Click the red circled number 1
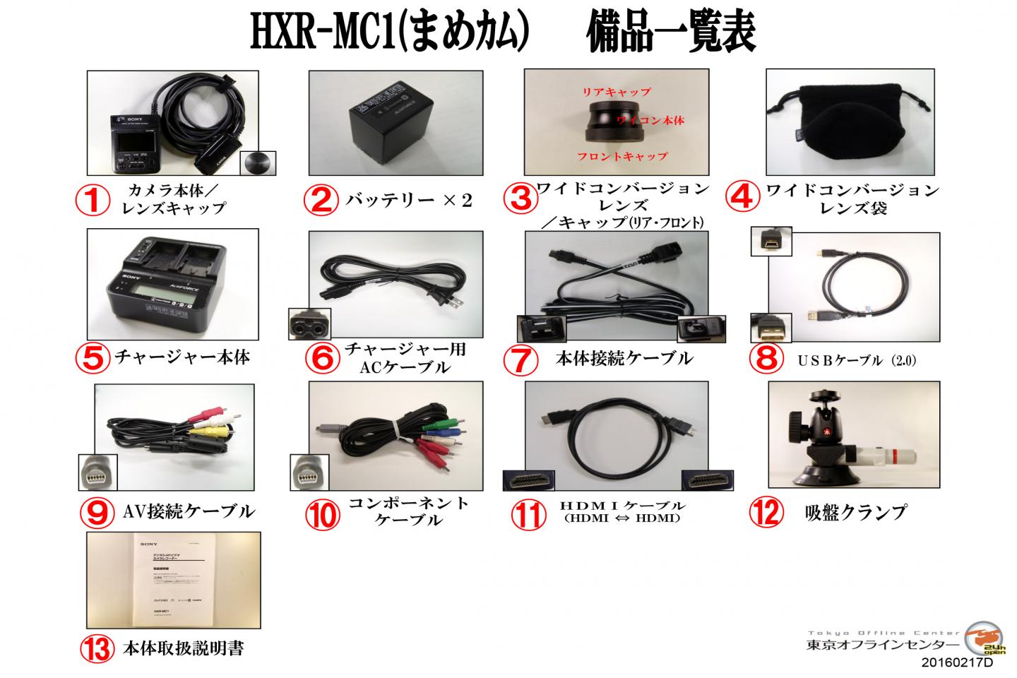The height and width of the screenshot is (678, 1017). pyautogui.click(x=93, y=201)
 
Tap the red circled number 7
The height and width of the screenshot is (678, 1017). pyautogui.click(x=521, y=359)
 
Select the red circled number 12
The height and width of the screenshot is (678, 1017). pyautogui.click(x=766, y=512)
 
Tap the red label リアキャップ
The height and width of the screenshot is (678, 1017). pyautogui.click(x=616, y=92)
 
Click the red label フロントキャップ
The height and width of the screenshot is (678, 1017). pyautogui.click(x=622, y=156)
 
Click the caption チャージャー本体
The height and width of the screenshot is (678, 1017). pyautogui.click(x=182, y=357)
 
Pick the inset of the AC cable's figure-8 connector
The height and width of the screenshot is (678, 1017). pyautogui.click(x=310, y=324)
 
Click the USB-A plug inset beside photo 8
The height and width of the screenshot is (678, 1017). pyautogui.click(x=771, y=328)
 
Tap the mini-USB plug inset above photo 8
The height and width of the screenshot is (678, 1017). pyautogui.click(x=771, y=242)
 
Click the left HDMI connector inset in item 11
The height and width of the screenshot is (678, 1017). pyautogui.click(x=527, y=480)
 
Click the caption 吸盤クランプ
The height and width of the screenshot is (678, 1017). pyautogui.click(x=855, y=511)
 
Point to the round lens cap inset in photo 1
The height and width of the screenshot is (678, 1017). pyautogui.click(x=258, y=163)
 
